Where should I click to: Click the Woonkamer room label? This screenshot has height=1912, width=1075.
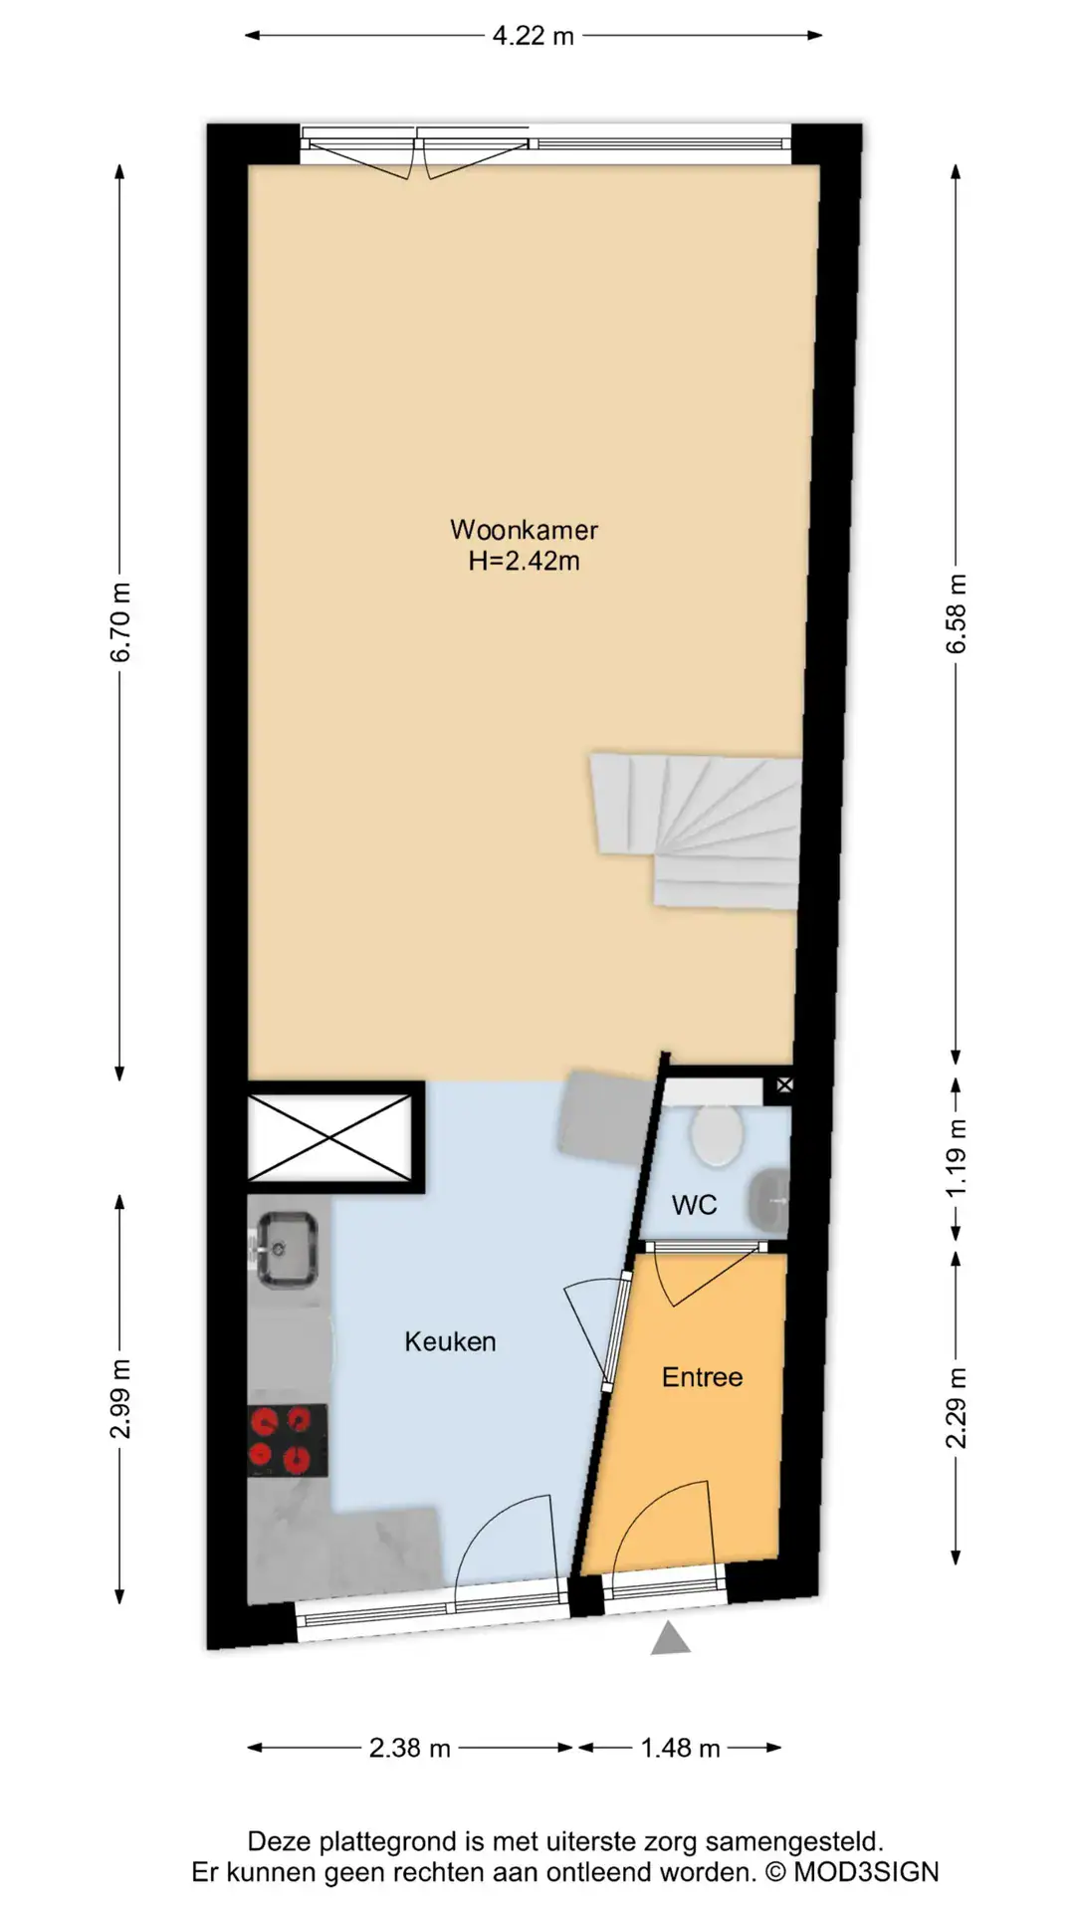(524, 529)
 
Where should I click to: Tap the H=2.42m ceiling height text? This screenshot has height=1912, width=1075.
(524, 561)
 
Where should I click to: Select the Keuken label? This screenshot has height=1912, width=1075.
(450, 1341)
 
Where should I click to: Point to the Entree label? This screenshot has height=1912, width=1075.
(702, 1377)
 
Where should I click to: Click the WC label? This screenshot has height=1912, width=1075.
(694, 1205)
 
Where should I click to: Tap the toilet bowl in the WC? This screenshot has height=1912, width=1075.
(717, 1136)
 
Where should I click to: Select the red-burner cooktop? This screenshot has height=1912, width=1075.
(288, 1440)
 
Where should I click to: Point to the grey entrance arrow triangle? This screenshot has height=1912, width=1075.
(671, 1638)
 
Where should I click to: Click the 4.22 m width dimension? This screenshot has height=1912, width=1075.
(534, 36)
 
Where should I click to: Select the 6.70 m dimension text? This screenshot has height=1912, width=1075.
(120, 622)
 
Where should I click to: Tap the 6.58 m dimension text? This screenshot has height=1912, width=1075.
(956, 613)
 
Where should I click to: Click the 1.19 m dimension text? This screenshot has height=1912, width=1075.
(956, 1158)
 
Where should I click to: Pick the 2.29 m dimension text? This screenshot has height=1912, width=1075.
(956, 1408)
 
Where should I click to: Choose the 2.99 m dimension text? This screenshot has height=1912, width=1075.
(120, 1399)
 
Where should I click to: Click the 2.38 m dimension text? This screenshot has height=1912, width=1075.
(410, 1748)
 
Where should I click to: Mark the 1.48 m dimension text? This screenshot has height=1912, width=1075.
(681, 1748)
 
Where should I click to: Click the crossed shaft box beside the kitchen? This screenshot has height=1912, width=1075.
(329, 1136)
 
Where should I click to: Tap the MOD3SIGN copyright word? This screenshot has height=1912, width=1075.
(866, 1872)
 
